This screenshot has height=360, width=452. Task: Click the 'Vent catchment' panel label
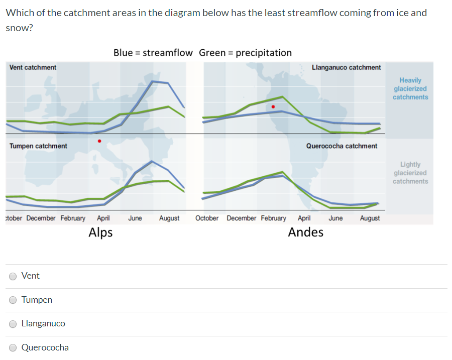point(33,67)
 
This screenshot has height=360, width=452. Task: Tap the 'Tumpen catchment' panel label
point(38,146)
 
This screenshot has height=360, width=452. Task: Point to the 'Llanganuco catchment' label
point(346,67)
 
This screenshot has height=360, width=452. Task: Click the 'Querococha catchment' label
point(342,146)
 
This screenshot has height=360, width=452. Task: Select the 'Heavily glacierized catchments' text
point(410,88)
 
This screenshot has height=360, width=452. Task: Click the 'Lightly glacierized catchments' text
point(410,173)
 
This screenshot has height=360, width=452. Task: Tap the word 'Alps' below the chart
point(100,232)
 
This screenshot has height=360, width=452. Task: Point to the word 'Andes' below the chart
point(305,232)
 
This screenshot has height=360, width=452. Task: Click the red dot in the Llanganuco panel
point(273,106)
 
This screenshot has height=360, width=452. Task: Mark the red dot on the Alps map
point(99,141)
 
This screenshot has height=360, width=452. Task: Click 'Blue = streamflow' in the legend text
point(153,53)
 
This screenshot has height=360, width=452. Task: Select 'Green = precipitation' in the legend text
point(245,53)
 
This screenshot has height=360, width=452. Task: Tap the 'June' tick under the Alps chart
point(135,218)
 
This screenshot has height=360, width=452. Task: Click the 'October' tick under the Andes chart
point(207,218)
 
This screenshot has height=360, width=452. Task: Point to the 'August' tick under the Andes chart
point(370,218)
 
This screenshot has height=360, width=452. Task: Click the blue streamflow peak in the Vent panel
point(154,81)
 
